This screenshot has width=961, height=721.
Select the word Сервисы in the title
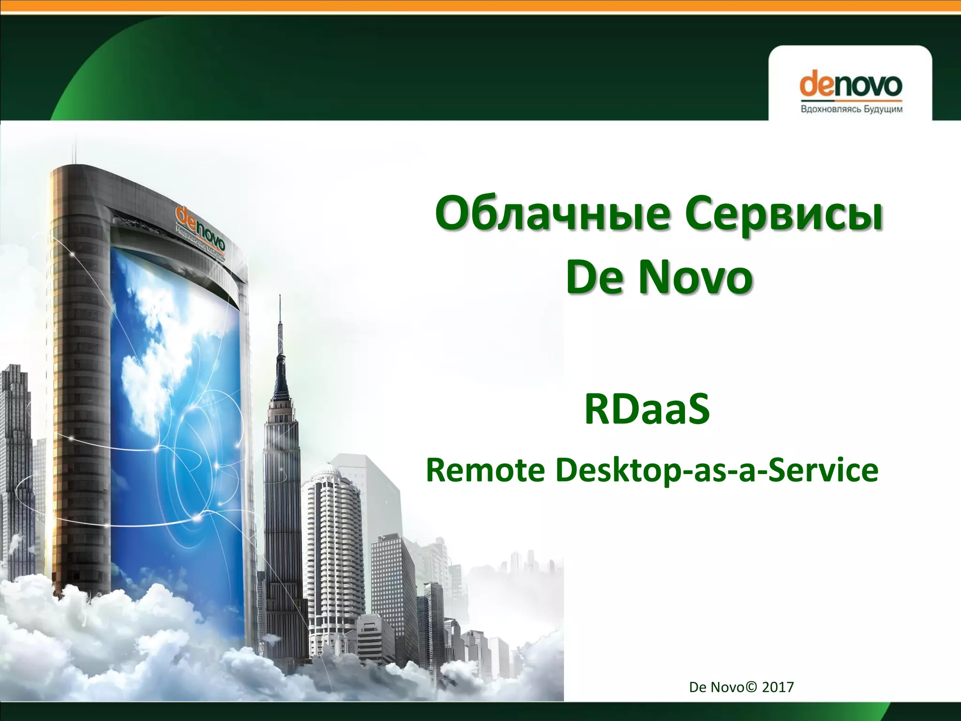[x=784, y=214]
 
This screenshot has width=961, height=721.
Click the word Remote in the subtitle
[x=485, y=470]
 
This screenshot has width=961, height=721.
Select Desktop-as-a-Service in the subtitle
[x=717, y=470]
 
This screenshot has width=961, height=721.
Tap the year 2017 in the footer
[x=778, y=687]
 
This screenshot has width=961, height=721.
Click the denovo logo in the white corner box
[x=850, y=85]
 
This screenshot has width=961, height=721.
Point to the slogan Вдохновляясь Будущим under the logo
[x=851, y=109]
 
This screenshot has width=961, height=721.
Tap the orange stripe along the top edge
[x=480, y=6]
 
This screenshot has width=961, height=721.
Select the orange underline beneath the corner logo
[x=850, y=100]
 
